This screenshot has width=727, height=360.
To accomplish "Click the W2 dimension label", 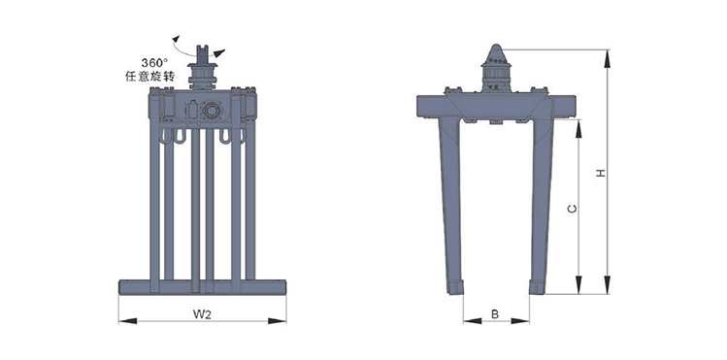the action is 202,314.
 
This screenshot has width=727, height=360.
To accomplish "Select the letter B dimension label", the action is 495,314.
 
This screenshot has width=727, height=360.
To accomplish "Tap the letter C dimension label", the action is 573,209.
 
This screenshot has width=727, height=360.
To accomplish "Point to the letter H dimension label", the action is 602,173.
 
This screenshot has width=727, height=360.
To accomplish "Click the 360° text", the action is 154,62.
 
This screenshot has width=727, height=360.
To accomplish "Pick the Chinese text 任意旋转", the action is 149,76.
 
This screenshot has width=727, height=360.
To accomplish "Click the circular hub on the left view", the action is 212,111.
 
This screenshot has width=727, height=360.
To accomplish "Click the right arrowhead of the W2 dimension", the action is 277,320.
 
